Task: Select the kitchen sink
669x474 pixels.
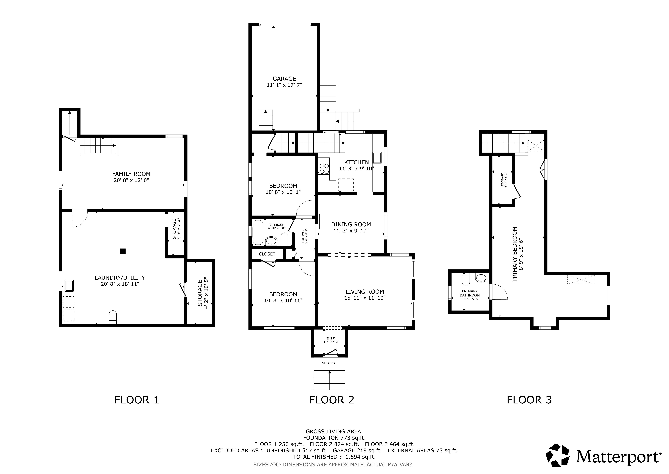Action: [x=377, y=158]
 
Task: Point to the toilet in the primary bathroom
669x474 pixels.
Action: [x=466, y=280]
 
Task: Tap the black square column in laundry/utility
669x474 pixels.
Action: [x=123, y=251]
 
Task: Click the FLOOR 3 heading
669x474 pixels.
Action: [x=529, y=400]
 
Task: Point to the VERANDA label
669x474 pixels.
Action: [x=329, y=363]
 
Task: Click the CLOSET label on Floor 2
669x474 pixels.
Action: [x=267, y=254]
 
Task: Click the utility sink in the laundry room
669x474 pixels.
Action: [x=69, y=286]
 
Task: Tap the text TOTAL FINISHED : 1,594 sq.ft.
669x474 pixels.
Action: [x=334, y=457]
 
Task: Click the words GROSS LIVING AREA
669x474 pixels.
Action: [x=333, y=431]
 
